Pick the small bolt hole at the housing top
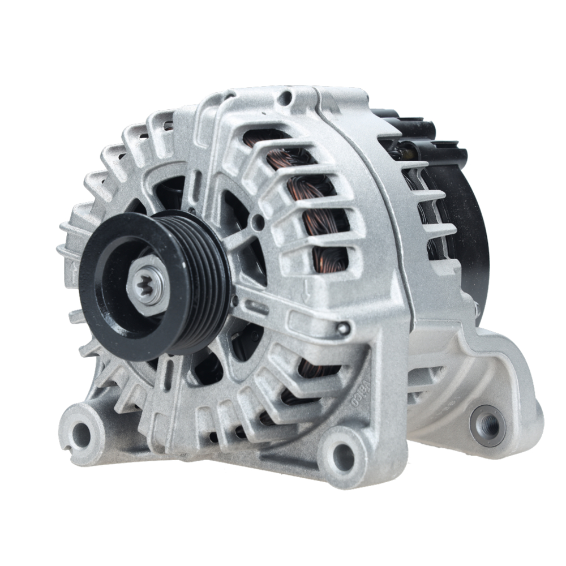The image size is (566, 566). click(x=288, y=100)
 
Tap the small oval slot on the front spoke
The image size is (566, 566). click(x=258, y=308)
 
